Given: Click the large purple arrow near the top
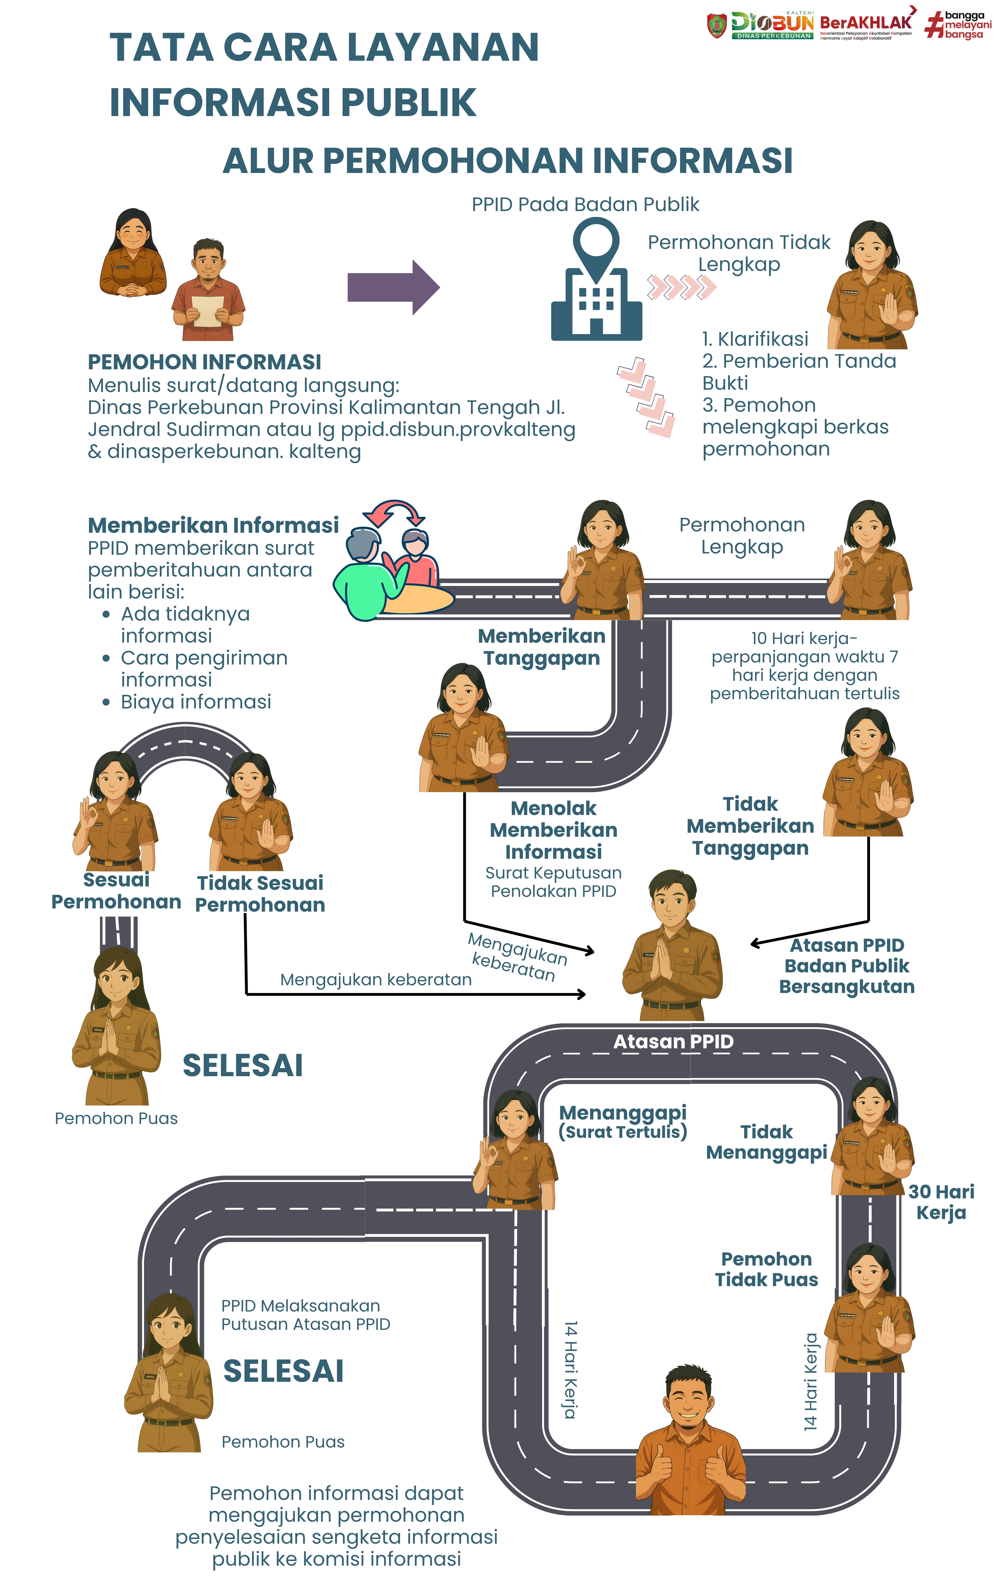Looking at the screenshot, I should point(393,287).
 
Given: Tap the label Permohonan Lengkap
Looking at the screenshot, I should point(742,536).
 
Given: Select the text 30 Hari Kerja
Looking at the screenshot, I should point(941,1202).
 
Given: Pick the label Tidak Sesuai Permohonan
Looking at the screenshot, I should point(260,893).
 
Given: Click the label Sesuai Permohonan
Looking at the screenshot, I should point(116,891).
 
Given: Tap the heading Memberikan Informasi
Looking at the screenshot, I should point(213,525).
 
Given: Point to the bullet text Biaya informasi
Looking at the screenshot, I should point(196,701).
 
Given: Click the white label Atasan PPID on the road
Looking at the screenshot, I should point(673,1042).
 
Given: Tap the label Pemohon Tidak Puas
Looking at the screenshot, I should point(766,1269).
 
